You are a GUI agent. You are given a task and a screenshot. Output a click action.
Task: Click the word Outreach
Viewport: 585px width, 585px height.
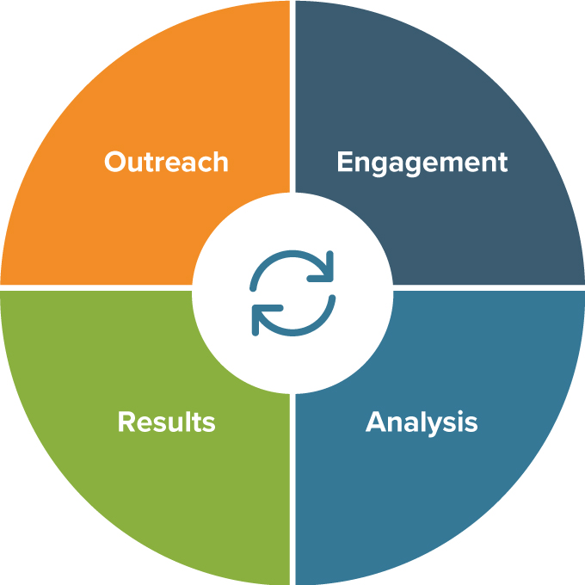[x=166, y=162]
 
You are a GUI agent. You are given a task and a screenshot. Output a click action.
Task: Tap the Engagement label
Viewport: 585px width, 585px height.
[x=422, y=163]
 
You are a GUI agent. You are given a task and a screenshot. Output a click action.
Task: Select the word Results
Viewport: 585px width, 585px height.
[x=166, y=422]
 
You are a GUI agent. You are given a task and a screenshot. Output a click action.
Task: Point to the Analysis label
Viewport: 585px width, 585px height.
[x=422, y=422]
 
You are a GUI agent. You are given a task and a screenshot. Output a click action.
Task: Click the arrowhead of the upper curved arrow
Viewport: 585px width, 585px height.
[x=326, y=269]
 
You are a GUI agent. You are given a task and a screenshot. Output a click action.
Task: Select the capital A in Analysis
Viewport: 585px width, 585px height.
[x=376, y=422]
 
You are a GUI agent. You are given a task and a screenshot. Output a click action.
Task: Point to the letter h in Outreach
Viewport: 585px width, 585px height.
[x=220, y=162]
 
